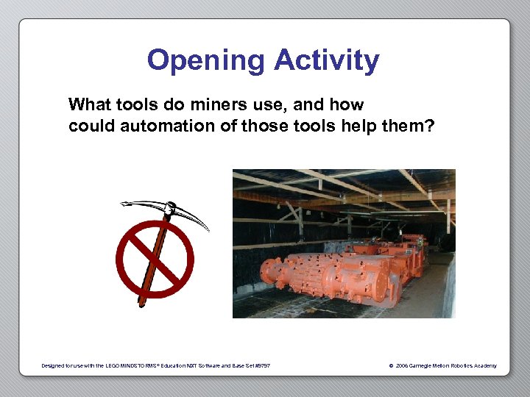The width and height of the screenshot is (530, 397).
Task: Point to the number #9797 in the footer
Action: [x=262, y=366]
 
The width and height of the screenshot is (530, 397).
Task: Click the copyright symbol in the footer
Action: [x=390, y=366]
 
